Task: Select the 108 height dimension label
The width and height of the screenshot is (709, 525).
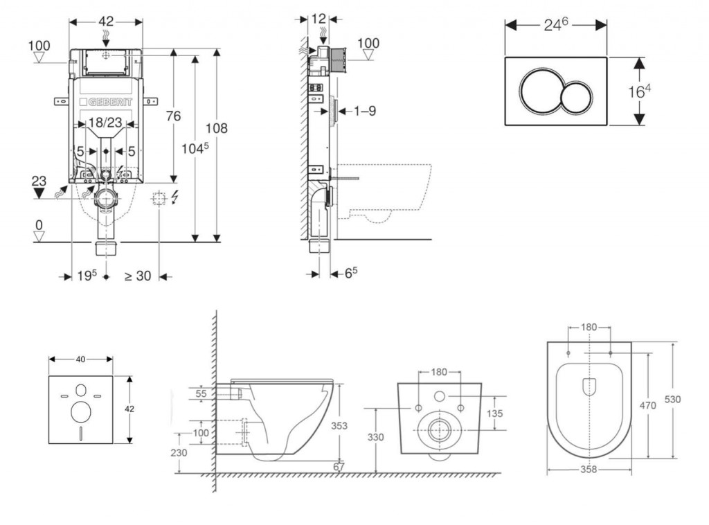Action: (215, 128)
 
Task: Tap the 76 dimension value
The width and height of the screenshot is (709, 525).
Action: (173, 116)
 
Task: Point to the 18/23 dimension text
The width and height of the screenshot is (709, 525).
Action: (106, 123)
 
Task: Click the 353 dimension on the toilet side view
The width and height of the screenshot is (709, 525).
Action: (339, 426)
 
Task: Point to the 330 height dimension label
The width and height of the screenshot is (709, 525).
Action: (375, 438)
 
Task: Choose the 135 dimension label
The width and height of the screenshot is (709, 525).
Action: (494, 413)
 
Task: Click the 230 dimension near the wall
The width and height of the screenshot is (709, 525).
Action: (179, 452)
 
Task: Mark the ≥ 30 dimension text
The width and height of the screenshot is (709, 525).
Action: (137, 276)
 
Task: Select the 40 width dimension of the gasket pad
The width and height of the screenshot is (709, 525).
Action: (80, 359)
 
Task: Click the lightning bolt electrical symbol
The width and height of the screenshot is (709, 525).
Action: (174, 199)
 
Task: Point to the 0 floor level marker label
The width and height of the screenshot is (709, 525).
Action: (39, 225)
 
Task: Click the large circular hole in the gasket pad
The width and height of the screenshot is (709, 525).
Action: (80, 412)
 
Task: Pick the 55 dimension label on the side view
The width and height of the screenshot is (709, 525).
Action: (201, 393)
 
